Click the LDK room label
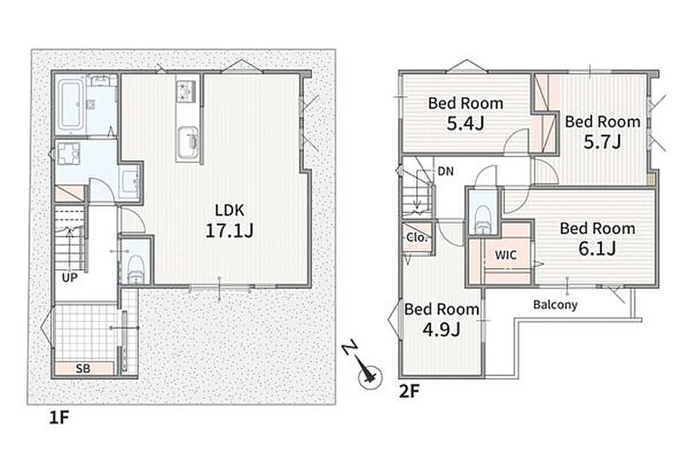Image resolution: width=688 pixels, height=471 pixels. tap(229, 210)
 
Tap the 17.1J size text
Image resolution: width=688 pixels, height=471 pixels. tap(229, 231)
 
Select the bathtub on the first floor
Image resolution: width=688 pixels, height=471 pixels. tap(71, 105)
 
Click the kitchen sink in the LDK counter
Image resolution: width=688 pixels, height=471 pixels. tap(187, 140)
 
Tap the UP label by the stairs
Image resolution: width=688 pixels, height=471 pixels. tap(70, 277)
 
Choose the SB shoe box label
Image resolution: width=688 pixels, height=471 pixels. tap(83, 369)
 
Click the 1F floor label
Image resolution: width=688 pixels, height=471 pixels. tap(59, 418)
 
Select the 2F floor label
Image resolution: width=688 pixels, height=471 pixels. tap(409, 392)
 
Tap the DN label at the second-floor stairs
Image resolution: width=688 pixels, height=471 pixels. tap(446, 171)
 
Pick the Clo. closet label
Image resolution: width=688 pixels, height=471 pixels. tap(417, 237)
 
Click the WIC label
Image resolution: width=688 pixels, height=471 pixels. tap(505, 254)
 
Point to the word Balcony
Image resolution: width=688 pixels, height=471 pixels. tap(555, 304)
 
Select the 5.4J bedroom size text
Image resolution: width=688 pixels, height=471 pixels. tap(465, 124)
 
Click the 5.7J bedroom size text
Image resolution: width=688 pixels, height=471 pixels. tap(602, 141)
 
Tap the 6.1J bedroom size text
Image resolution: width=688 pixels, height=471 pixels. tap(597, 248)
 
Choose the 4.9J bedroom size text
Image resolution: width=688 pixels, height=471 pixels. tap(441, 329)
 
